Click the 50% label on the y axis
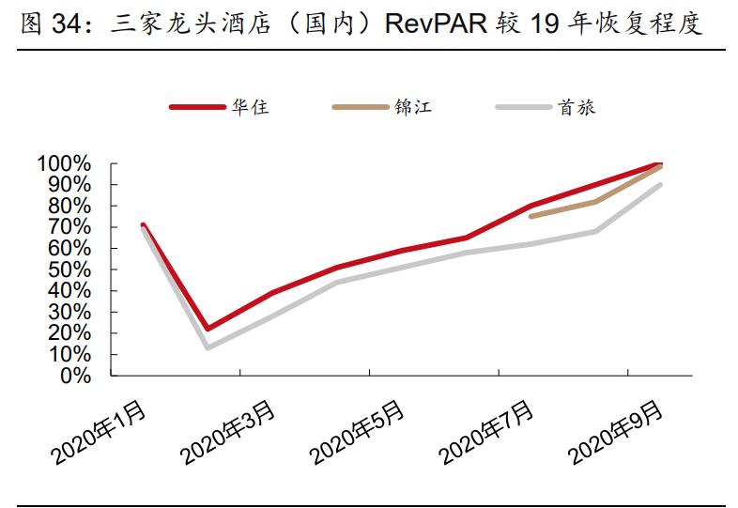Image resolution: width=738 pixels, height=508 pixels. [69, 270]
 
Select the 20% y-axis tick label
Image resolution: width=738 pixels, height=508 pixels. [69, 334]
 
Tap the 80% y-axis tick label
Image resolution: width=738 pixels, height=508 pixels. [69, 207]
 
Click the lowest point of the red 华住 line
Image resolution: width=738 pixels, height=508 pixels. [208, 329]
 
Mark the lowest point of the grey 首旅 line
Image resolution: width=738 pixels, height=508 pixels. [208, 348]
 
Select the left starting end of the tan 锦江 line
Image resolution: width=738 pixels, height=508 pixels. [531, 217]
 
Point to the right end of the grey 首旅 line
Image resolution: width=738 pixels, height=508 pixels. [660, 185]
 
